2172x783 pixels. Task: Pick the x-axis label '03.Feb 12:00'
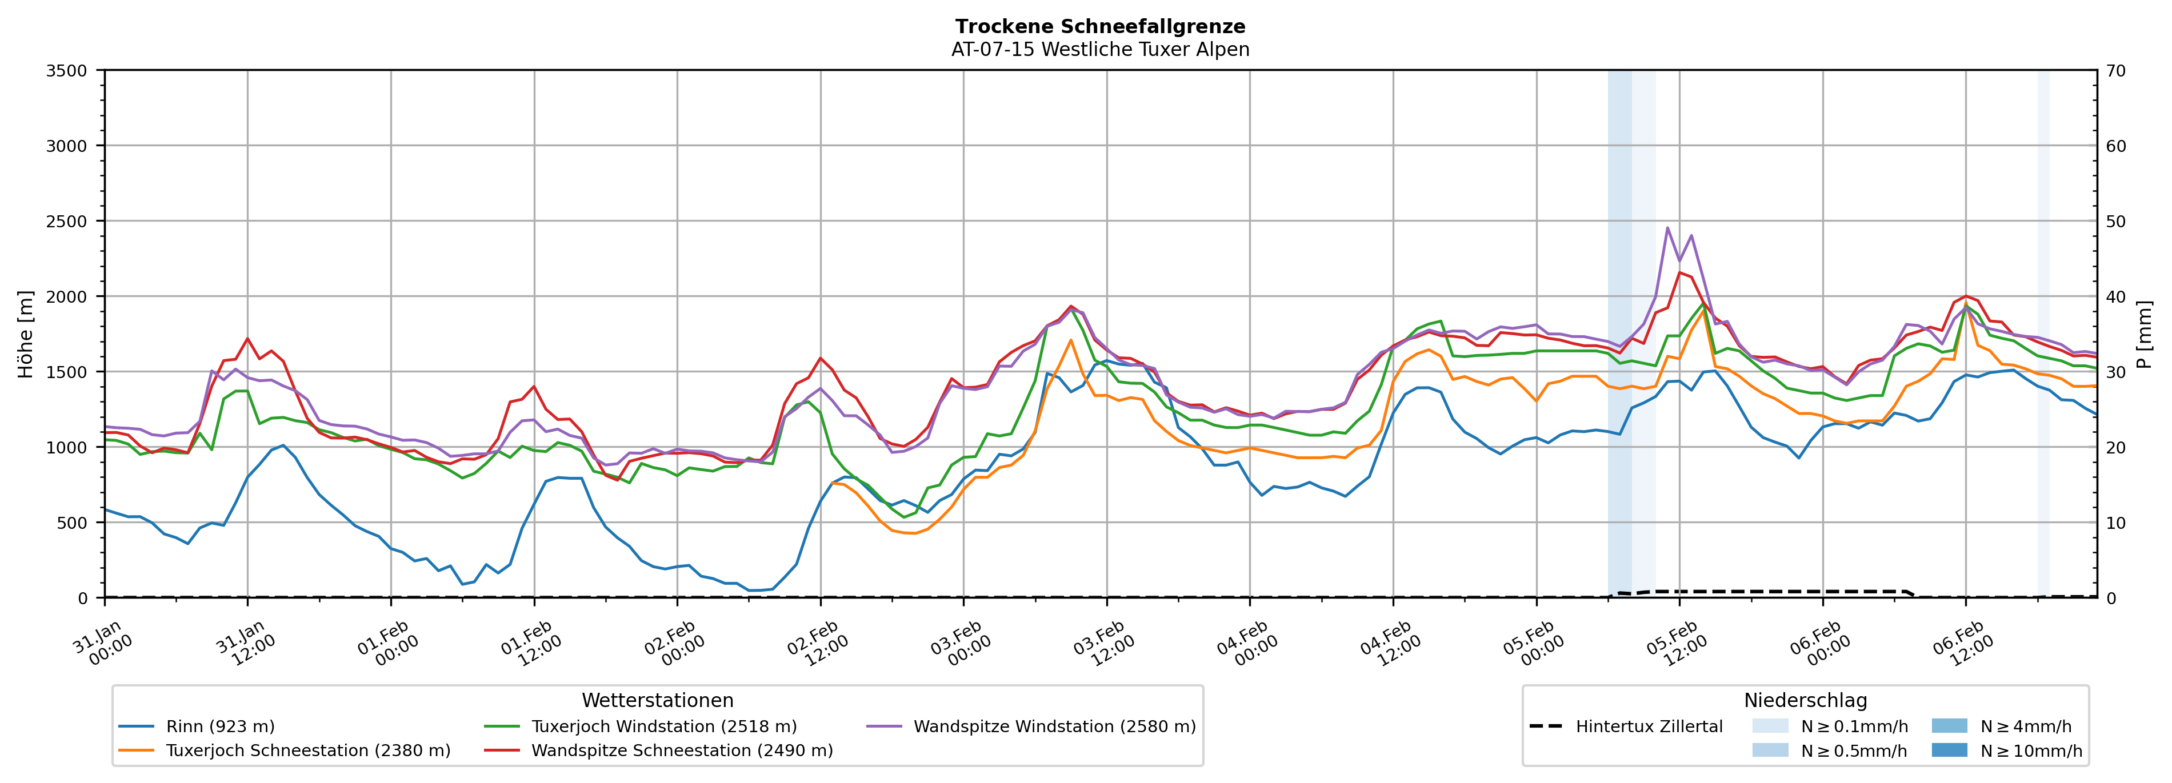1103,645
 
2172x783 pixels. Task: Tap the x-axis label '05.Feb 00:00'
1533,645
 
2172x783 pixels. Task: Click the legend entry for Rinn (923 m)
220,726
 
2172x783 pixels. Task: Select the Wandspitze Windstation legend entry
1054,726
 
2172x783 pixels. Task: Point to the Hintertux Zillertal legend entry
1649,726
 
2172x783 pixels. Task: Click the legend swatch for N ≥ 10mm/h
1949,750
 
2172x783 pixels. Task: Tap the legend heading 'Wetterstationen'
657,700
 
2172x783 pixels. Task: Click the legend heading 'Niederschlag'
1805,700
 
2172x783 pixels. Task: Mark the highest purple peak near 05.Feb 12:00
1667,227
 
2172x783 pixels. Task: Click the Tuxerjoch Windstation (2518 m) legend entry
663,726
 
